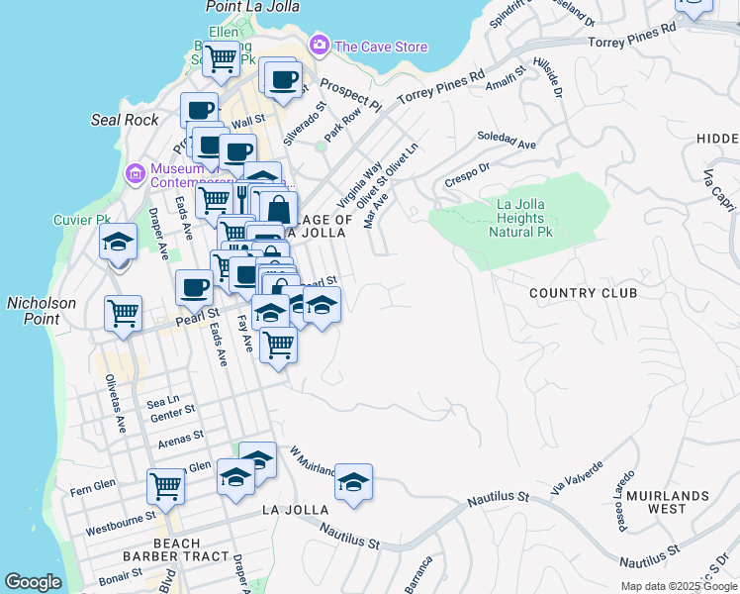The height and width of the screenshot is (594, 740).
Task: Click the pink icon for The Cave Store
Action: [319, 45]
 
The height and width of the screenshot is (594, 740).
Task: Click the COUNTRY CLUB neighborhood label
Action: [582, 293]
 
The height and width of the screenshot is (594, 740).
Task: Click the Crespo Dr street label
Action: [467, 175]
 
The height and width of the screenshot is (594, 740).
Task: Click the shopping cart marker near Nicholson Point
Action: [123, 315]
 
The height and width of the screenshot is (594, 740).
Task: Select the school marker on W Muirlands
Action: [353, 482]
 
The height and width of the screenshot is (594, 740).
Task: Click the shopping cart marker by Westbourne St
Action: [165, 486]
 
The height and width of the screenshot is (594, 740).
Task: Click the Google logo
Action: [33, 582]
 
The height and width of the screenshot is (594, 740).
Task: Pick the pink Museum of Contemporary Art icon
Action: [135, 174]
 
